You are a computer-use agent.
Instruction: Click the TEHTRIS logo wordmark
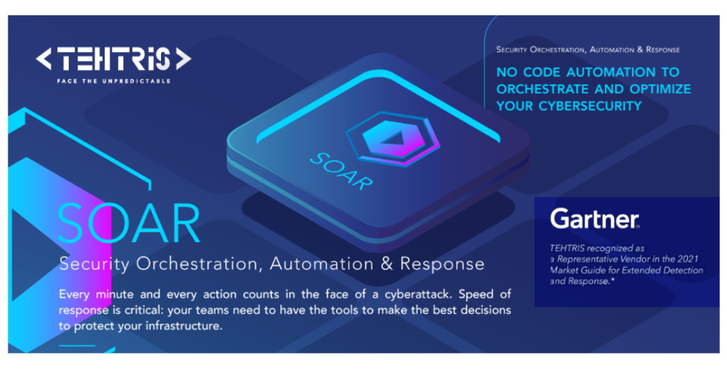(114, 60)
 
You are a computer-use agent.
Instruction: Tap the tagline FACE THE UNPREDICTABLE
(114, 81)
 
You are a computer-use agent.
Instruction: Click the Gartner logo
(595, 218)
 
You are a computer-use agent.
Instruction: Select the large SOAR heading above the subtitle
(128, 223)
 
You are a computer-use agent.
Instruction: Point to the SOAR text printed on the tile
(341, 171)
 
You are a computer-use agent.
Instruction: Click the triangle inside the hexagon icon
(394, 138)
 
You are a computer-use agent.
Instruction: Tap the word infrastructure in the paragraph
(185, 326)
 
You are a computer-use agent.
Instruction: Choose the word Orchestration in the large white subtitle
(200, 264)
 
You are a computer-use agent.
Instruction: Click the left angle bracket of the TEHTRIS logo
(44, 60)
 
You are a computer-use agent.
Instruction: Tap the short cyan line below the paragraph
(77, 346)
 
